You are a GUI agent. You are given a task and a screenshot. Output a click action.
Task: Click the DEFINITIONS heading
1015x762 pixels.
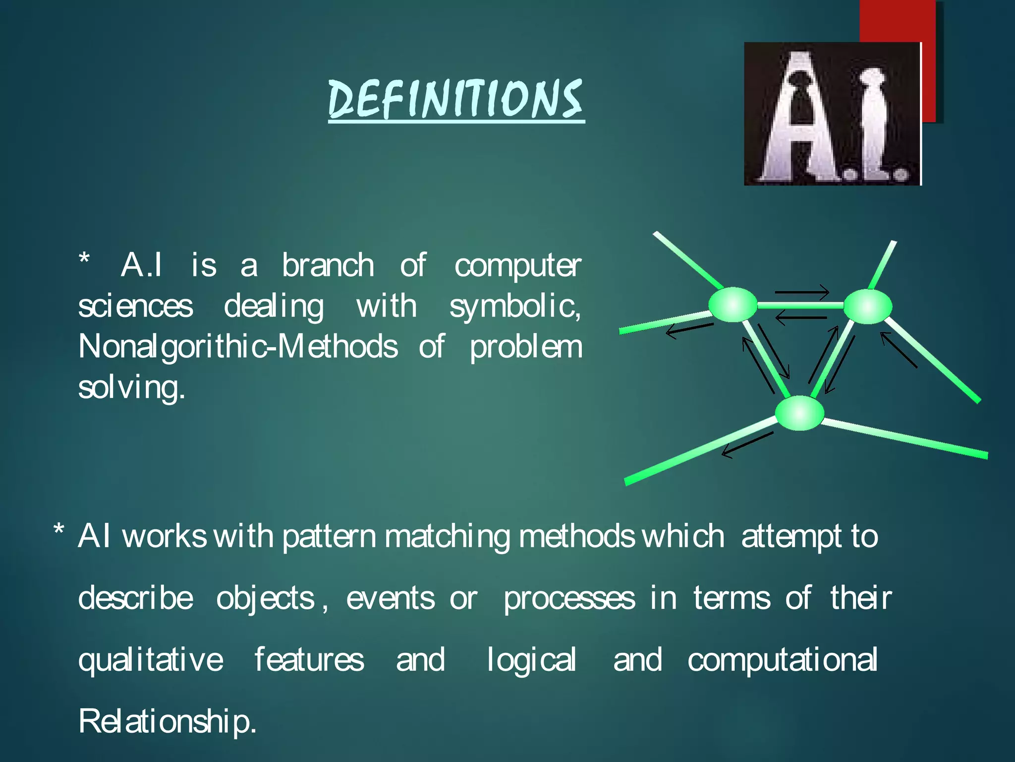pos(456,99)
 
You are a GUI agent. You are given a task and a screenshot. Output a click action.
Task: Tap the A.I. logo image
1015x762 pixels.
pos(833,114)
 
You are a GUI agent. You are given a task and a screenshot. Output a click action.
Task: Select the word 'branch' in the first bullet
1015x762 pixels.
pos(328,265)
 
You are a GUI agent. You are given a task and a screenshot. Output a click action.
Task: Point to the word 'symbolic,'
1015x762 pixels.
pos(515,307)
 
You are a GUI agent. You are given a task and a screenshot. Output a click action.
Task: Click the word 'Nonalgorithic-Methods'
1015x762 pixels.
pos(238,347)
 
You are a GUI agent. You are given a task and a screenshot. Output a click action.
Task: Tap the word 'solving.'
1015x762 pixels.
pos(132,388)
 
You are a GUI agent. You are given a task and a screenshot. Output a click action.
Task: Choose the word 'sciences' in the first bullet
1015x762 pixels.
pos(136,307)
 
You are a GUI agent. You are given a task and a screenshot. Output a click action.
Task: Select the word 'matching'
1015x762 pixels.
pos(447,537)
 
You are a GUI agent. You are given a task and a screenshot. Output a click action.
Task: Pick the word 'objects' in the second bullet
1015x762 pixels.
pos(266,599)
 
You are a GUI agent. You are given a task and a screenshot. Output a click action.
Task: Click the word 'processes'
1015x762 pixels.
pos(569,599)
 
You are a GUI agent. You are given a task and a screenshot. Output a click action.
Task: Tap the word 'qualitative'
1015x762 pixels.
pos(151,660)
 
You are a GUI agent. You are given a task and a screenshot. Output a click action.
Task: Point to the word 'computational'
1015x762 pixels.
pos(783,660)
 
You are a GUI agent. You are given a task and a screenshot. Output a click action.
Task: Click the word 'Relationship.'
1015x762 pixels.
pos(168,722)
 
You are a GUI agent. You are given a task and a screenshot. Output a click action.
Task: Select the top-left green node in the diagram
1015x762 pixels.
pos(733,305)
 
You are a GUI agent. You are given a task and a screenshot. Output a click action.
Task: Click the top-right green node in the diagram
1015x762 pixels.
pos(867,307)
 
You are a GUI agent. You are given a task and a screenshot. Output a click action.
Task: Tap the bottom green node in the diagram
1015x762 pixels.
pos(799,413)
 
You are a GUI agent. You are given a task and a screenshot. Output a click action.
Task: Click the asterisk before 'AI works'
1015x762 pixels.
pos(59,530)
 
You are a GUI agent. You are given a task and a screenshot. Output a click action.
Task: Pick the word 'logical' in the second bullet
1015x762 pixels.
pos(531,660)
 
